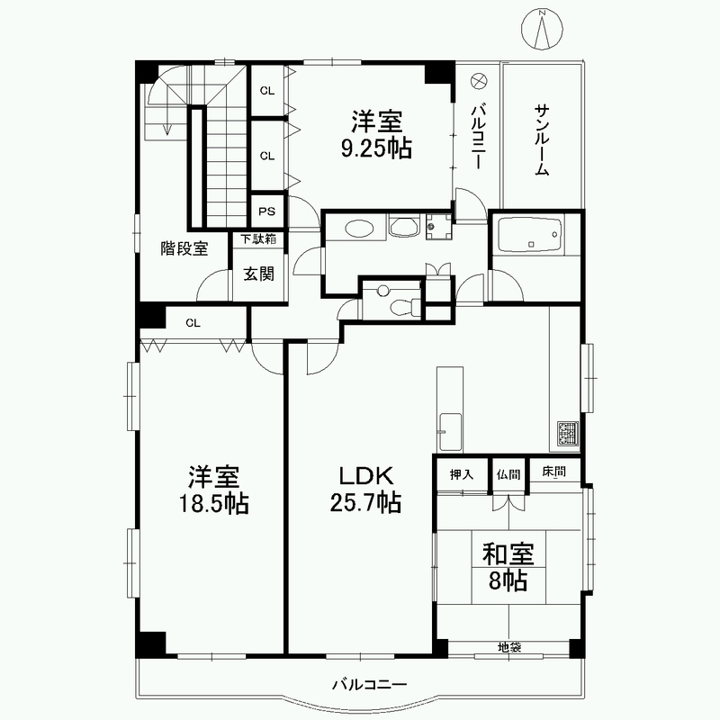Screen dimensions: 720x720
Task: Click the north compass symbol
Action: tap(543, 29)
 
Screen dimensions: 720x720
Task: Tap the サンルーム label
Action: tap(543, 139)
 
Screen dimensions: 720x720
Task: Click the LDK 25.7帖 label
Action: tap(365, 489)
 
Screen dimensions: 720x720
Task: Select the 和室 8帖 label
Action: tap(508, 567)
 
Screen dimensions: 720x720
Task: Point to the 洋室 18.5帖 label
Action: tap(213, 490)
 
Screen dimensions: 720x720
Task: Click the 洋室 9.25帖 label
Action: tap(376, 134)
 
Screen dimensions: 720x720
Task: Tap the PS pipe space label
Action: tap(266, 211)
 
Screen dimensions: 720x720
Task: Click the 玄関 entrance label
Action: tap(259, 274)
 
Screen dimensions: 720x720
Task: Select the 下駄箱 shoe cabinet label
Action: tap(258, 238)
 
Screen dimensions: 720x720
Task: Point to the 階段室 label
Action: tap(184, 248)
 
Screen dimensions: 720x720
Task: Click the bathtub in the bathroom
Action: tap(530, 235)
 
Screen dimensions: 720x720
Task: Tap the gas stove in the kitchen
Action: tap(569, 434)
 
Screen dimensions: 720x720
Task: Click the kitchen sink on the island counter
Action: tap(450, 432)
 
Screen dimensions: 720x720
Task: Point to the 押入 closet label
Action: tap(461, 474)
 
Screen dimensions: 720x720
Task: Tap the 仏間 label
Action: tap(508, 474)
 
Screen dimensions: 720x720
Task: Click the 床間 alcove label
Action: tap(553, 472)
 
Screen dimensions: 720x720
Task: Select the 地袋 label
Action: tap(509, 647)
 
